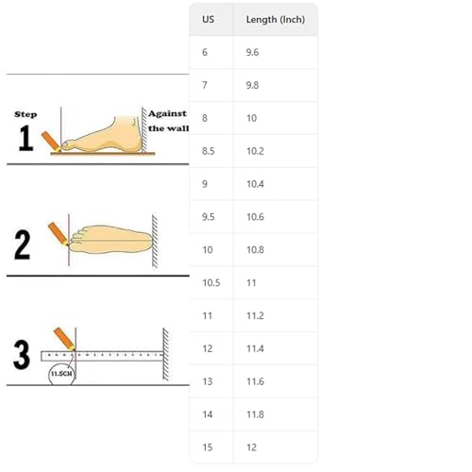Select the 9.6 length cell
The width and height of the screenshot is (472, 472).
pos(252,53)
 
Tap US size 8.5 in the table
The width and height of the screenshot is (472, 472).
pos(209,151)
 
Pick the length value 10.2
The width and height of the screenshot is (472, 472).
pos(255,151)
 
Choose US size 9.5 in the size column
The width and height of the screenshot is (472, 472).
pos(209,217)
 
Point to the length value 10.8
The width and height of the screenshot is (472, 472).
pos(255,250)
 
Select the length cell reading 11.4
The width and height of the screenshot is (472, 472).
pos(255,348)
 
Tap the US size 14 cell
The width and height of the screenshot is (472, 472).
pos(207,414)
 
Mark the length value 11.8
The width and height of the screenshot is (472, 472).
pos(255,414)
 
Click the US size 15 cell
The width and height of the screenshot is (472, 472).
pos(207,447)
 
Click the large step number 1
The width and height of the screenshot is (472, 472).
pos(26,139)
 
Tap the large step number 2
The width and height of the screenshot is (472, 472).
pos(23,245)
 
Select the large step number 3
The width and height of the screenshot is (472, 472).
pos(22,355)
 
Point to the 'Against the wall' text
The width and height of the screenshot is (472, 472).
pos(166,120)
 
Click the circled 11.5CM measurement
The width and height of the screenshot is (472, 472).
pos(63,375)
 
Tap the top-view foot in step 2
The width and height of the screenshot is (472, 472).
pos(109,241)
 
